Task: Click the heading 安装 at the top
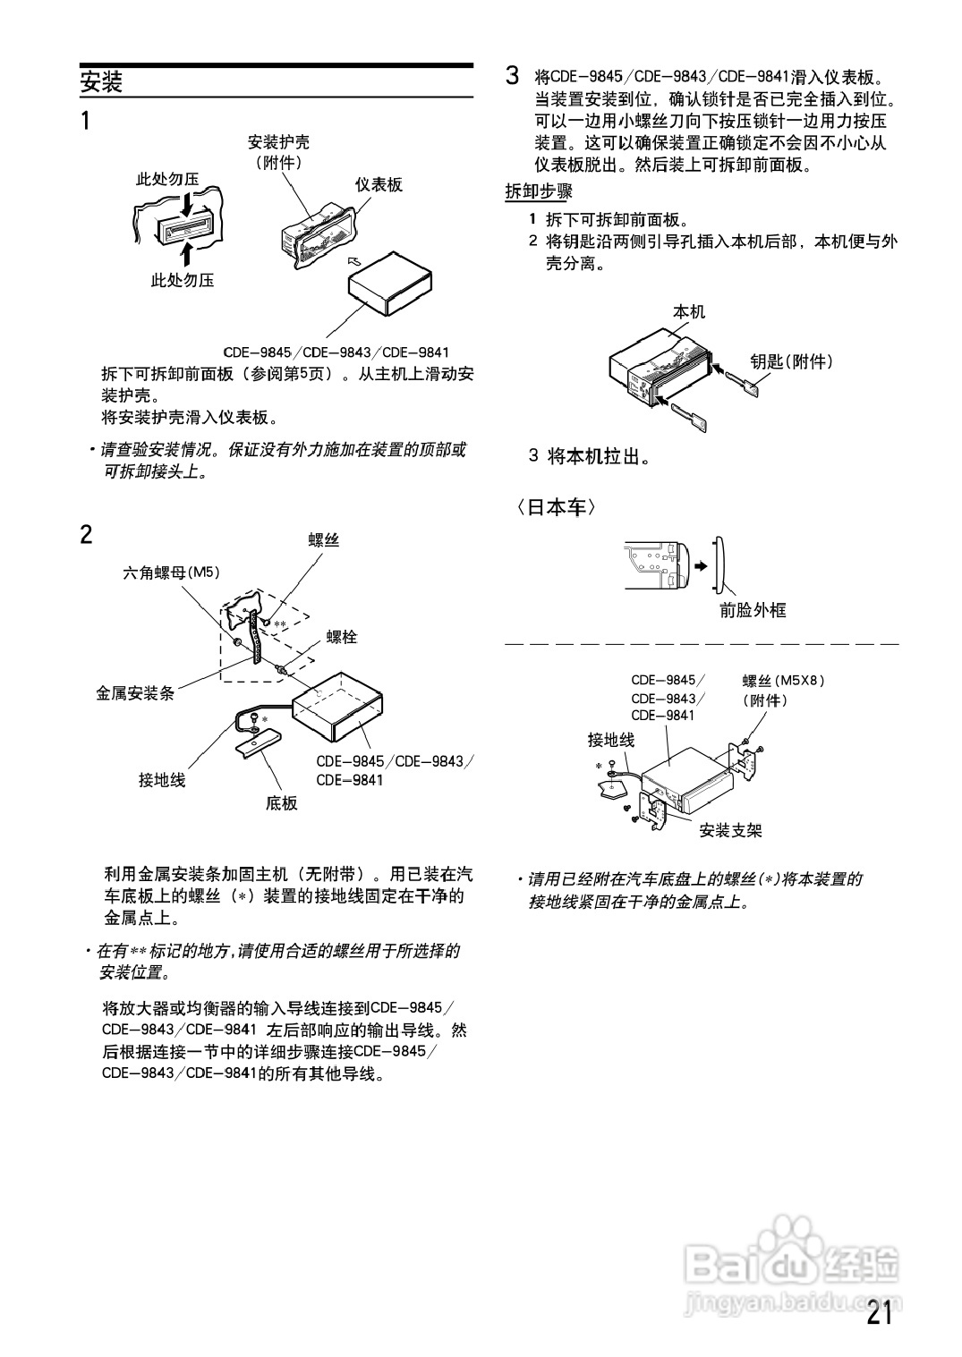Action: (101, 83)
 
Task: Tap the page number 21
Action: (878, 1314)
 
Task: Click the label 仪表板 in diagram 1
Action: (379, 185)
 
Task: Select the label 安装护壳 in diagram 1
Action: (278, 142)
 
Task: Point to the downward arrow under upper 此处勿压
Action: (186, 206)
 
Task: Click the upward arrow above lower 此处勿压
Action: (186, 252)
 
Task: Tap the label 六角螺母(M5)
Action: (171, 572)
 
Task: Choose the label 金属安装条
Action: (135, 692)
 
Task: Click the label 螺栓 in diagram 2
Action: (342, 637)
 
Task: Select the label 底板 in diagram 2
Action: (281, 803)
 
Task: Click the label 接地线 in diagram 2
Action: (162, 780)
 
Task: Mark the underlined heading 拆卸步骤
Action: (539, 191)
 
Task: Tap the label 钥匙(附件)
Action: (791, 361)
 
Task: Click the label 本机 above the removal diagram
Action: (688, 311)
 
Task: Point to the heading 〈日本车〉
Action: (554, 507)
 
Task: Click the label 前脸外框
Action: (753, 610)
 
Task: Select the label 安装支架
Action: (730, 830)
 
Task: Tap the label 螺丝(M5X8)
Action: (783, 680)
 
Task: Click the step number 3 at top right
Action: (512, 76)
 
